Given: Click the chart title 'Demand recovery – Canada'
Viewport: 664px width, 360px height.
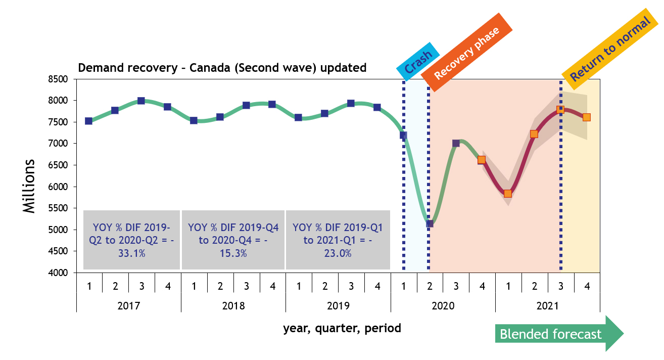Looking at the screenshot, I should click(222, 68).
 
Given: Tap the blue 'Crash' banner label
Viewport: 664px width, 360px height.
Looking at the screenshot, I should click(418, 62).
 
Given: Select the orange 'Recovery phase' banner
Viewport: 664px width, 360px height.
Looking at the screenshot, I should click(466, 53).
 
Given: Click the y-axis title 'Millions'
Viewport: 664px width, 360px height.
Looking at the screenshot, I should click(30, 186).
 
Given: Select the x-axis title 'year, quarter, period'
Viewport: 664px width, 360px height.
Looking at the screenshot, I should click(342, 328).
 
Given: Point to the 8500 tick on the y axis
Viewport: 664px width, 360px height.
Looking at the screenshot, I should click(59, 79).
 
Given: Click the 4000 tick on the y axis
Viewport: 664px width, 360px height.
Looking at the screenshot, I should click(59, 273).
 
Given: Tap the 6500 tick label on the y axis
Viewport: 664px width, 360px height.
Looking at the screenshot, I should click(59, 165).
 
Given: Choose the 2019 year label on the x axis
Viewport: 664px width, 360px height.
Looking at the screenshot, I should click(338, 306).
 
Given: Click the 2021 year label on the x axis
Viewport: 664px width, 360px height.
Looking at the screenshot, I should click(547, 306).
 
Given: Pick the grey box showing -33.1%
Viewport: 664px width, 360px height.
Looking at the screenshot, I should click(131, 240).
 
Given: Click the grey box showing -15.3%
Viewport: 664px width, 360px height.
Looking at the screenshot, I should click(233, 240).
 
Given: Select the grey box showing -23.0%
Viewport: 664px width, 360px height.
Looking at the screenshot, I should click(338, 240).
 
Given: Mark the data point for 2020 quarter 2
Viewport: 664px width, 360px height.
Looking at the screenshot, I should click(430, 223).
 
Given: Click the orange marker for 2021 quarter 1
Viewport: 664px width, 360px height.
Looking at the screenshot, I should click(508, 194).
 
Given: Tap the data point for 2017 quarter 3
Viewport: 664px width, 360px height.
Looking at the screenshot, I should click(141, 101).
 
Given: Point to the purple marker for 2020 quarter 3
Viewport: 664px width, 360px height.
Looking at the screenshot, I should click(456, 143).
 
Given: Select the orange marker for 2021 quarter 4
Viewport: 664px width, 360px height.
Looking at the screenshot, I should click(586, 117).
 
